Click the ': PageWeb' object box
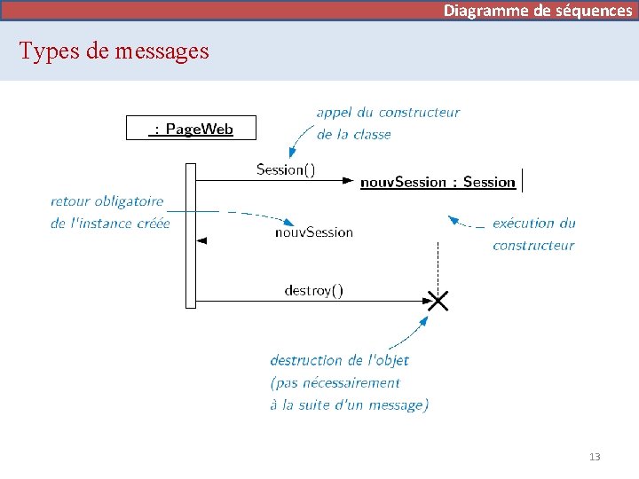(191, 129)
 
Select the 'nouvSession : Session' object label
(438, 182)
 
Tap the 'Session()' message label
(285, 169)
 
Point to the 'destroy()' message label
(313, 290)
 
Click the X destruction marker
(438, 301)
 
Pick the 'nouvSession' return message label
(313, 232)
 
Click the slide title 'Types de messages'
(114, 51)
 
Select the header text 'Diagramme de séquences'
(538, 11)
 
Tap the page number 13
(595, 457)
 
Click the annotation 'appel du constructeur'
(388, 113)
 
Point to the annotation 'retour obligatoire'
(107, 201)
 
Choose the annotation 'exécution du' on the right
(534, 224)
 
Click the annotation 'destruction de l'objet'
(339, 360)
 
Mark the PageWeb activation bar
(190, 235)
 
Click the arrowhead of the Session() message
(348, 181)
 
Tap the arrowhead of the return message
(201, 240)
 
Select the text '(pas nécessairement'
(335, 383)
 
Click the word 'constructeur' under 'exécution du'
(533, 246)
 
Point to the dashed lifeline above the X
(438, 262)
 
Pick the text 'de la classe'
(353, 135)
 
